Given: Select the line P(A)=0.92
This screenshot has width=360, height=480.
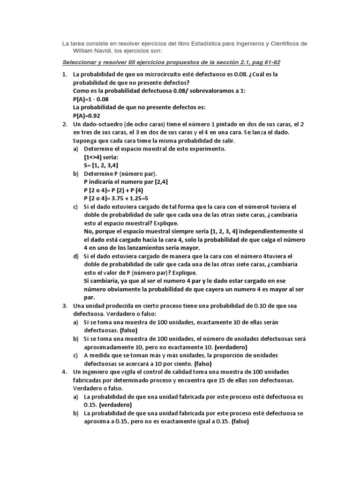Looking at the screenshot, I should pyautogui.click(x=87, y=116).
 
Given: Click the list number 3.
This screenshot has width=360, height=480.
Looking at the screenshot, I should pyautogui.click(x=65, y=306).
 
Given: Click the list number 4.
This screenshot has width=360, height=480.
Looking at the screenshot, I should pyautogui.click(x=65, y=371).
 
